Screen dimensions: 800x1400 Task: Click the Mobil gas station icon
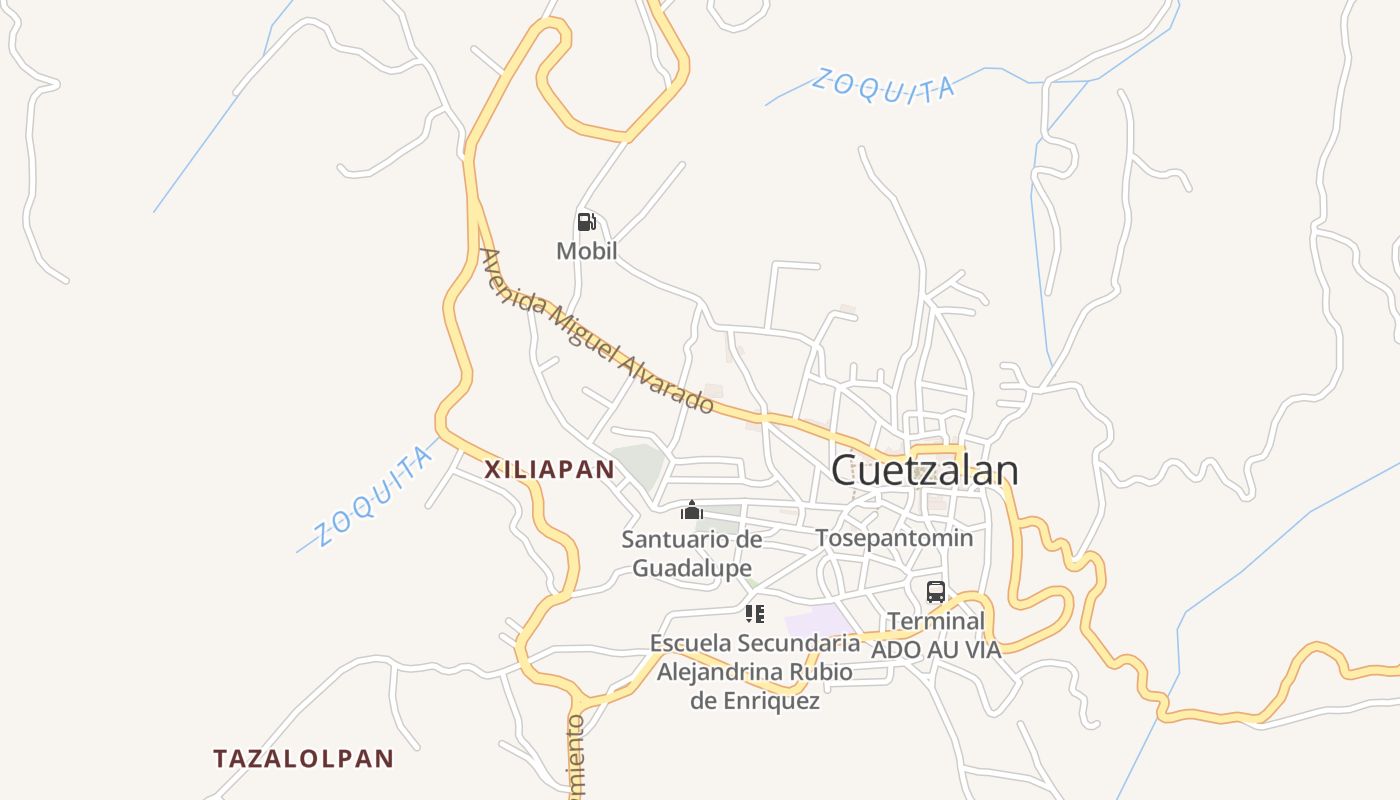tap(586, 222)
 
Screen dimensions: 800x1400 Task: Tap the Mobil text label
tap(587, 251)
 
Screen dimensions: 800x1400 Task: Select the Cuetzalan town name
tap(924, 470)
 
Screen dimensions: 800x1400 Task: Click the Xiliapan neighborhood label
tap(549, 470)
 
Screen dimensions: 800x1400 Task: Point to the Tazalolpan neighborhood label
tap(304, 758)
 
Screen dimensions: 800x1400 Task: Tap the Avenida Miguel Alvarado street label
tap(597, 332)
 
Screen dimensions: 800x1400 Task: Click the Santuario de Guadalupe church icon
tap(691, 511)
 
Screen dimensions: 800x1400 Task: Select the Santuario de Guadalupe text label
tap(692, 554)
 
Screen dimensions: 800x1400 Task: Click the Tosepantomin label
tap(894, 538)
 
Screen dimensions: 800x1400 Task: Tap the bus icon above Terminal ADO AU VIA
tap(935, 591)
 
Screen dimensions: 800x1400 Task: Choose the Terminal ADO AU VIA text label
tap(936, 635)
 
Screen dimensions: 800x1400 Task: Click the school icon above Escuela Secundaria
tap(755, 613)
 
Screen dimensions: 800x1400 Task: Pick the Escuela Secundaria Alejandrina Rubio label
tap(755, 671)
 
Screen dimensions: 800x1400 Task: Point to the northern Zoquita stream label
tap(883, 85)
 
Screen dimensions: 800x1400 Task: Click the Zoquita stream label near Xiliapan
tap(373, 498)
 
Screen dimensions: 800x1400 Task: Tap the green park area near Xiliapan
tap(639, 466)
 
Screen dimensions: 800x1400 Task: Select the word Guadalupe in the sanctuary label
tap(692, 568)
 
